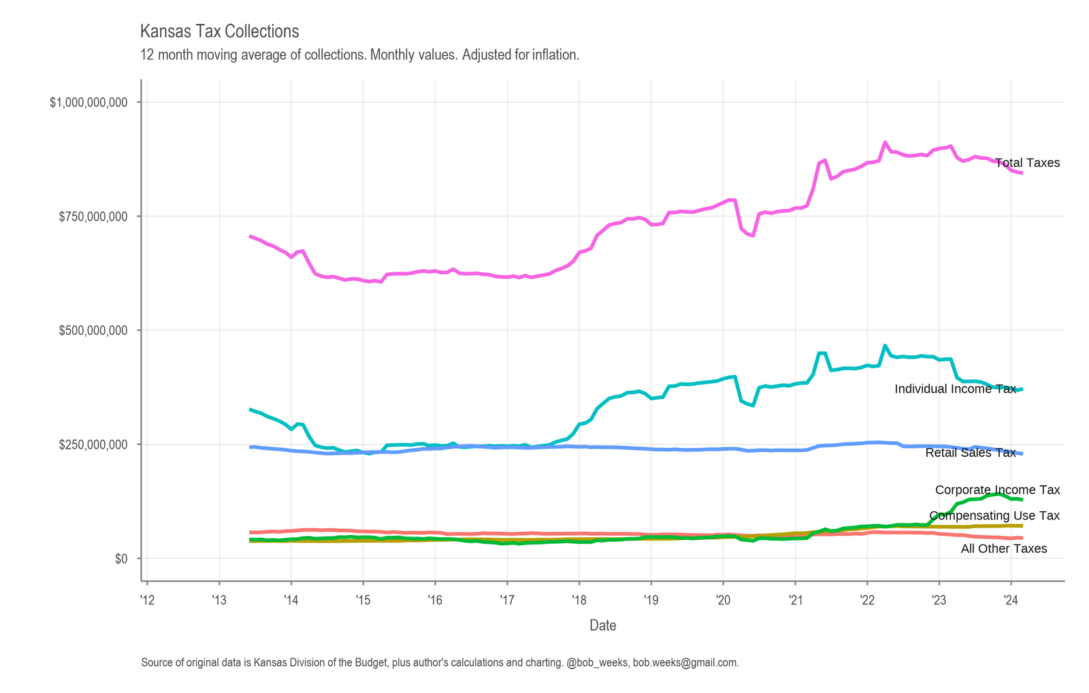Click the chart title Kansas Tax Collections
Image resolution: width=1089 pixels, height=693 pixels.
pyautogui.click(x=219, y=31)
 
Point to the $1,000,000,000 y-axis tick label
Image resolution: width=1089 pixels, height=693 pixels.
pyautogui.click(x=88, y=102)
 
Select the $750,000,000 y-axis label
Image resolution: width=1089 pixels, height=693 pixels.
pyautogui.click(x=93, y=216)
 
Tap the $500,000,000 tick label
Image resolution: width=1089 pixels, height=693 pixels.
pyautogui.click(x=93, y=331)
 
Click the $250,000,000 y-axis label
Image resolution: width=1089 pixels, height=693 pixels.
pyautogui.click(x=93, y=445)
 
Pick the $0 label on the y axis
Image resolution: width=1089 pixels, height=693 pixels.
pyautogui.click(x=121, y=559)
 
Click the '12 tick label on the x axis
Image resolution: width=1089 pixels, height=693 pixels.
pyautogui.click(x=147, y=600)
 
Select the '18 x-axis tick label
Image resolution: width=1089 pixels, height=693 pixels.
pyautogui.click(x=579, y=600)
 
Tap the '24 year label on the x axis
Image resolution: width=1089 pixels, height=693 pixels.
pyautogui.click(x=1011, y=600)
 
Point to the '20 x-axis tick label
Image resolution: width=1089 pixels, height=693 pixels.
pyautogui.click(x=723, y=600)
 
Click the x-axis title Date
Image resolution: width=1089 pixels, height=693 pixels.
pyautogui.click(x=603, y=626)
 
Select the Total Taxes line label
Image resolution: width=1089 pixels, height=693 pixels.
pyautogui.click(x=1027, y=163)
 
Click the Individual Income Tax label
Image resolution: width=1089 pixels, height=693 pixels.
pyautogui.click(x=956, y=389)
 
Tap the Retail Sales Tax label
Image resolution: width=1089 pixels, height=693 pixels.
pyautogui.click(x=971, y=453)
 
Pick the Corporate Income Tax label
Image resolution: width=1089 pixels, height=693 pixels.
pyautogui.click(x=998, y=489)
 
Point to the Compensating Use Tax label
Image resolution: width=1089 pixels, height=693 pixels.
pyautogui.click(x=994, y=515)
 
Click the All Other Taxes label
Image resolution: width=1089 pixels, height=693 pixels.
pyautogui.click(x=1004, y=549)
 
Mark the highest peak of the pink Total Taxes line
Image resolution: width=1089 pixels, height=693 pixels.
pyautogui.click(x=885, y=142)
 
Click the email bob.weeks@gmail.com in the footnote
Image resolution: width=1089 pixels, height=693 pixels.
pyautogui.click(x=686, y=663)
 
